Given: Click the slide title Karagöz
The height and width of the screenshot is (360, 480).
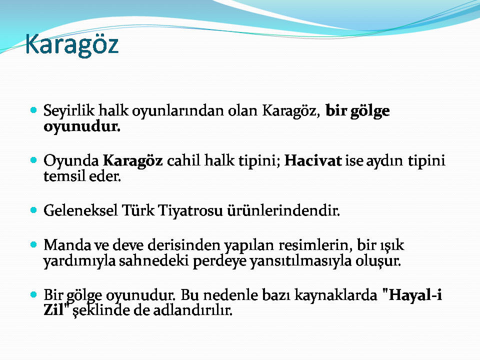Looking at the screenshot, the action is (x=72, y=45).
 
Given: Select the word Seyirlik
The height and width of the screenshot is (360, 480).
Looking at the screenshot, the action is (x=69, y=111).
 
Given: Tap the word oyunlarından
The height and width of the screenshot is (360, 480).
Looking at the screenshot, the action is (x=178, y=111).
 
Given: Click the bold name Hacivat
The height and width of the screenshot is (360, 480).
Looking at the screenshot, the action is (x=313, y=160).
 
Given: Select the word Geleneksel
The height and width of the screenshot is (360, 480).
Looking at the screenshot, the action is (x=80, y=210).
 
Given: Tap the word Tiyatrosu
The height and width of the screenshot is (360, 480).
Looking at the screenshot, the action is (x=190, y=211).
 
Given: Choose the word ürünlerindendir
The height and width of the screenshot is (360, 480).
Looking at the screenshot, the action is (x=283, y=210).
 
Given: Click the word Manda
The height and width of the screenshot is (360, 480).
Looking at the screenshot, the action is (x=67, y=245).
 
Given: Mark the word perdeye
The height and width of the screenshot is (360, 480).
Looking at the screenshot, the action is (x=219, y=261).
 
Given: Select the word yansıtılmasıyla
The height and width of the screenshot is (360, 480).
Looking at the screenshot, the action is (x=301, y=261).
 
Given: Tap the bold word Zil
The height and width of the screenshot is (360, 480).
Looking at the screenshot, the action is (x=54, y=310).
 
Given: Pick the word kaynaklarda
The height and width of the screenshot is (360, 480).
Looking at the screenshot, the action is (x=336, y=295).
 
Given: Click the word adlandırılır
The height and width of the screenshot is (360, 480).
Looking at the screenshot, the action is (x=193, y=310).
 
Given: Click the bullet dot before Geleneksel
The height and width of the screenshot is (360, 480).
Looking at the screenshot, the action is (x=33, y=210).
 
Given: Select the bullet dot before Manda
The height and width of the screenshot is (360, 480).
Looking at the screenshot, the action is (x=33, y=244).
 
